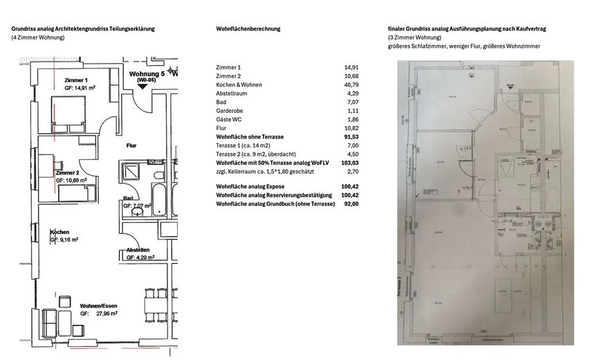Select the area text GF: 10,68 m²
[71, 180]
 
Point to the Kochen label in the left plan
[59, 232]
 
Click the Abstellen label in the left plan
[138, 250]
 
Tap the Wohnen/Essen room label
[98, 305]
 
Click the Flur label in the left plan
[131, 146]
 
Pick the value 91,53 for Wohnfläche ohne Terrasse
[351, 137]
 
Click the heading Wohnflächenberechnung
[248, 29]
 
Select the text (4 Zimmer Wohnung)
[38, 37]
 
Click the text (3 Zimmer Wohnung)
[414, 37]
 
